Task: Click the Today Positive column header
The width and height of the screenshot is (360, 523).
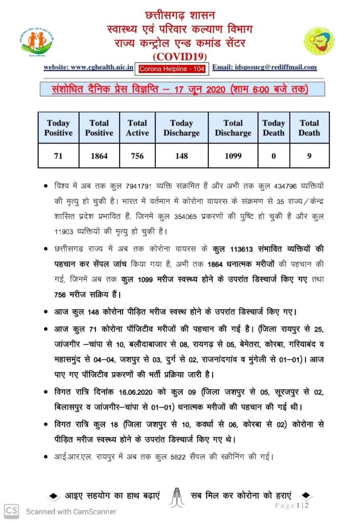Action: [x=58, y=128]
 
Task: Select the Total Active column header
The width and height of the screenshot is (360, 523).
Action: [x=137, y=128]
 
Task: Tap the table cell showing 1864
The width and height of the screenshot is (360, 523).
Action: [x=99, y=156]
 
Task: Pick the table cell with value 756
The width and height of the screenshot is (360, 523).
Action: [x=137, y=156]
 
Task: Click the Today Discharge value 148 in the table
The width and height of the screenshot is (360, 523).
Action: [x=181, y=156]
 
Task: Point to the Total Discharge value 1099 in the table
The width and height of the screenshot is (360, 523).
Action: [x=233, y=156]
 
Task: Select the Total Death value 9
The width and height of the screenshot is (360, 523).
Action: [x=309, y=156]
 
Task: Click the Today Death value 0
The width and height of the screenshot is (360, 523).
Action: [x=274, y=156]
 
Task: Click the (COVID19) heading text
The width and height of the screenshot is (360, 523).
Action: [x=180, y=56]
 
